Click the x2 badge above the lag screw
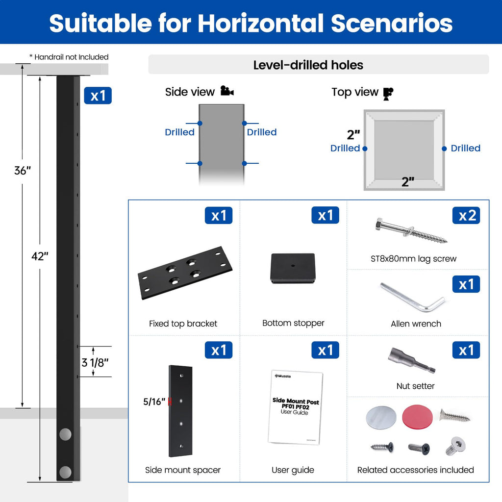466,215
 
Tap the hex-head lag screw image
411,230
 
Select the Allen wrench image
413,297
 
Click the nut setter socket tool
412,360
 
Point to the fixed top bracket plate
185,273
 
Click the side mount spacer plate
180,411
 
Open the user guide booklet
295,407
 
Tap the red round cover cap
417,417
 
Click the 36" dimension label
23,171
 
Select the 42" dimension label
40,256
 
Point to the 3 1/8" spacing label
95,363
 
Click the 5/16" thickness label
154,402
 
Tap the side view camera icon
227,91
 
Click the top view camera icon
388,94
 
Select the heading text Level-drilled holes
308,65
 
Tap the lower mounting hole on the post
65,472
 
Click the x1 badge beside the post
98,96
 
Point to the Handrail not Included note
69,57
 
